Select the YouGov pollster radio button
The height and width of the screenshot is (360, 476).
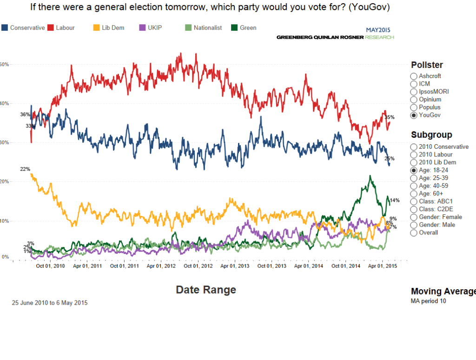(x=414, y=115)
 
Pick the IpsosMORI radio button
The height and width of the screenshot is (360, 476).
(x=414, y=92)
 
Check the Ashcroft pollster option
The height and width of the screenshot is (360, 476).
(x=414, y=76)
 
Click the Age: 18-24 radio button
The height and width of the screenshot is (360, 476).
(x=414, y=170)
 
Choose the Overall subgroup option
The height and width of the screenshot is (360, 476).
(x=414, y=233)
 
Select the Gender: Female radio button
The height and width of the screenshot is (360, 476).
(x=414, y=217)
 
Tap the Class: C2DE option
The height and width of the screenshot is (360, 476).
(x=414, y=209)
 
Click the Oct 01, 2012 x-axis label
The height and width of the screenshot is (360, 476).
(x=198, y=266)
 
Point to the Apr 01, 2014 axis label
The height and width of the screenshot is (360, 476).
(x=309, y=266)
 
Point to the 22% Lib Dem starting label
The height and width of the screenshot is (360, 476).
(x=25, y=169)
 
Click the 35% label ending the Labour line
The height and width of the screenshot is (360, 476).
(x=390, y=117)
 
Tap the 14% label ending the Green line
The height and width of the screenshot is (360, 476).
(x=395, y=200)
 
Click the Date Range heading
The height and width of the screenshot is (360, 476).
(x=206, y=290)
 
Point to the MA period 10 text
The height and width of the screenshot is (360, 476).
(x=429, y=301)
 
